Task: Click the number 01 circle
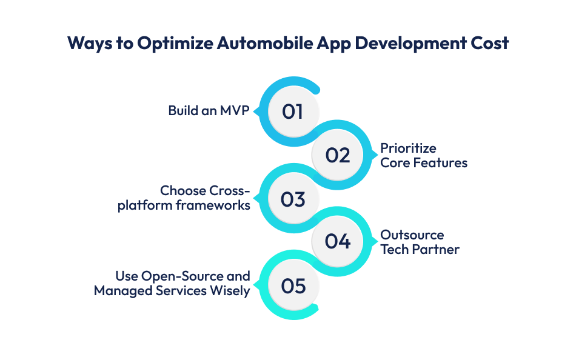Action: pyautogui.click(x=293, y=112)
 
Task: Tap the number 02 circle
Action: pyautogui.click(x=338, y=155)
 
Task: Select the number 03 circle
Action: pyautogui.click(x=293, y=199)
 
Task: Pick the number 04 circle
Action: pyautogui.click(x=338, y=242)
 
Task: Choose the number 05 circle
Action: pyautogui.click(x=293, y=285)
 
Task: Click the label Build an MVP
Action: pyautogui.click(x=209, y=111)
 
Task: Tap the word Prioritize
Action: pyautogui.click(x=408, y=148)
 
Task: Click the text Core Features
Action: pyautogui.click(x=424, y=163)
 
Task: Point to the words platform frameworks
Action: pyautogui.click(x=184, y=205)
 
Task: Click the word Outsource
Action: pyautogui.click(x=412, y=235)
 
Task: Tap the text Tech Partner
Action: pyautogui.click(x=420, y=250)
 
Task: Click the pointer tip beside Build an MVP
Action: pyautogui.click(x=255, y=112)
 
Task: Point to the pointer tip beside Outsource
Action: pyautogui.click(x=375, y=242)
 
